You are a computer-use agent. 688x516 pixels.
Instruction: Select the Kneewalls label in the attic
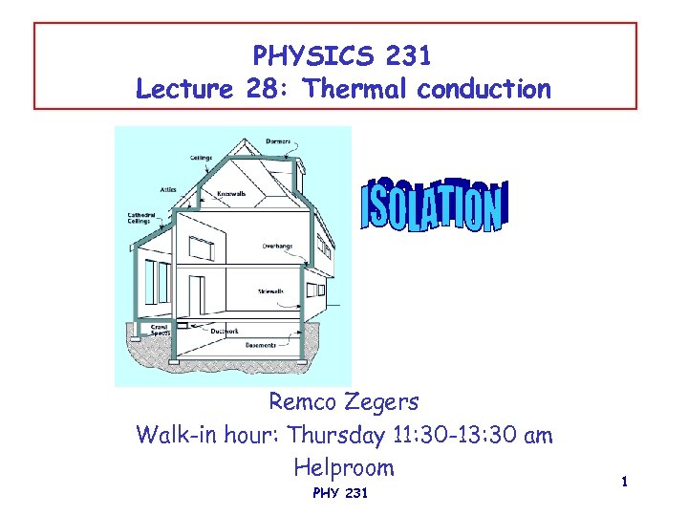pyautogui.click(x=231, y=194)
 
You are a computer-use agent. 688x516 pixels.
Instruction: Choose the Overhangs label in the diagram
pyautogui.click(x=277, y=246)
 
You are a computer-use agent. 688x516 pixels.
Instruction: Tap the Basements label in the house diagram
pyautogui.click(x=261, y=344)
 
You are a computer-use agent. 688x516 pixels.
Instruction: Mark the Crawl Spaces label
pyautogui.click(x=161, y=331)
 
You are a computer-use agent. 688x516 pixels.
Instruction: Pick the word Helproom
pyautogui.click(x=344, y=467)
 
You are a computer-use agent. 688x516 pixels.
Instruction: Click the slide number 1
pyautogui.click(x=624, y=484)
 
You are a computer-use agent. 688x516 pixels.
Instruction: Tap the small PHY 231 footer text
pyautogui.click(x=340, y=494)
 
